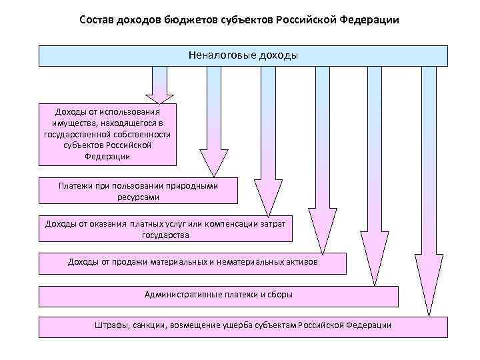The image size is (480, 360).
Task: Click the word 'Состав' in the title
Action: point(96,20)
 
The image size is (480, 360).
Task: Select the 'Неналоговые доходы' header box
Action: point(243,56)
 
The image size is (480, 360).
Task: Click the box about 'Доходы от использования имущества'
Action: point(107,133)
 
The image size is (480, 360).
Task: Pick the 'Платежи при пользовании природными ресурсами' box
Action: point(138,191)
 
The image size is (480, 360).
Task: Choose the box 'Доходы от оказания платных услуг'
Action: point(165,229)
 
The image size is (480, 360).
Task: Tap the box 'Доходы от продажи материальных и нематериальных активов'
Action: point(193,263)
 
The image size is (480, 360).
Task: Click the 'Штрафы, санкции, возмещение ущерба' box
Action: point(243,327)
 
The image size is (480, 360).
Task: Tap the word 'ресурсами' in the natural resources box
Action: point(138,198)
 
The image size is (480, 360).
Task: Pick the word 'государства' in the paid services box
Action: point(165,235)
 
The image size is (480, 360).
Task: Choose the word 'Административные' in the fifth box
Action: point(180,295)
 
